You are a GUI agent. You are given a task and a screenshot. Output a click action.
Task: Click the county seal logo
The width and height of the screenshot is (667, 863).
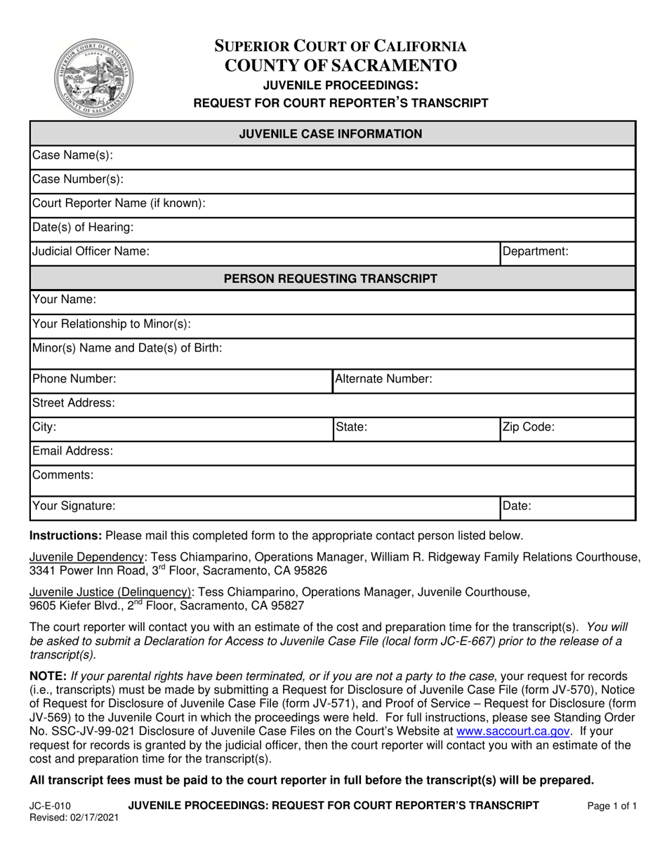93,77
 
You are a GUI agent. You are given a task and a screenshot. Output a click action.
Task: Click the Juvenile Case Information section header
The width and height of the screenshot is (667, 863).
331,134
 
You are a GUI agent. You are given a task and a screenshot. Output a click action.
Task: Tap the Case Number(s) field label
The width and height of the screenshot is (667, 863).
78,180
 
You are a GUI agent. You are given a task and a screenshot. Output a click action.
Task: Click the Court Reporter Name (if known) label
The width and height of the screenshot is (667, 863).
119,203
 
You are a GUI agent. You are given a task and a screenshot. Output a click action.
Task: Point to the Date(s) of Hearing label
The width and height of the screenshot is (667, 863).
83,227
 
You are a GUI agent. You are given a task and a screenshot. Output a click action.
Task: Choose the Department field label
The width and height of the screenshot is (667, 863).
535,251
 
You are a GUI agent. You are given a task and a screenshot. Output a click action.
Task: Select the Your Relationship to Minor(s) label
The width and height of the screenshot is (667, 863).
112,324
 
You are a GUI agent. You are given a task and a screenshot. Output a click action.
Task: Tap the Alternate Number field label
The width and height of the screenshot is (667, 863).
383,380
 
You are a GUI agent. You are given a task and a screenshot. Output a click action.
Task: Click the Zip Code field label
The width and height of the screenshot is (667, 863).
529,427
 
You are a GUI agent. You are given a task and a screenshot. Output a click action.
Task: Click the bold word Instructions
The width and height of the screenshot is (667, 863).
65,536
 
